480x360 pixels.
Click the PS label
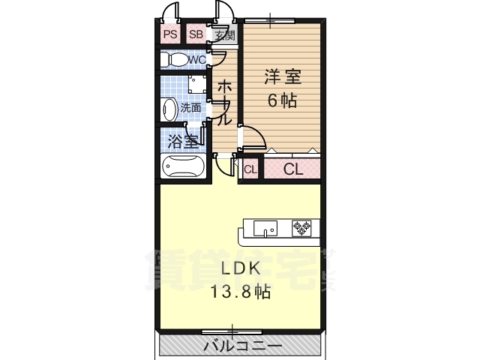tap(170, 34)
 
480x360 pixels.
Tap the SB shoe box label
tap(196, 34)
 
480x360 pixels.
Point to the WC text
tap(196, 60)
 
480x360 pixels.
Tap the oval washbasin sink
tap(169, 108)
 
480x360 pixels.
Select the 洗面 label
tap(190, 108)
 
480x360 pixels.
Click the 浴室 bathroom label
tap(182, 141)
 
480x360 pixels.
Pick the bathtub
tap(183, 166)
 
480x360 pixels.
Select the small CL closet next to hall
tap(250, 169)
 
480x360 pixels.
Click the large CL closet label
tap(292, 169)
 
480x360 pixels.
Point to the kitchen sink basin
tap(265, 226)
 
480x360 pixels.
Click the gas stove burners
tap(302, 227)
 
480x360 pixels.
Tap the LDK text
tap(240, 269)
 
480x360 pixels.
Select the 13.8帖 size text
tap(240, 292)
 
